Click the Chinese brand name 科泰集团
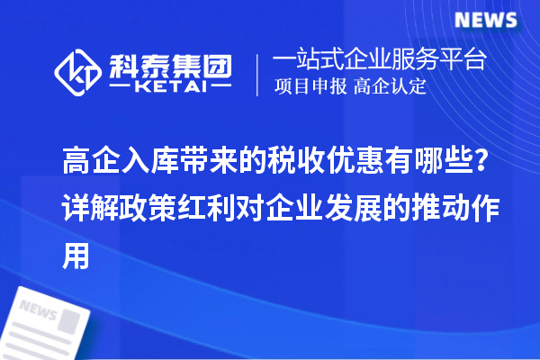(170, 63)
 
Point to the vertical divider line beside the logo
(259, 73)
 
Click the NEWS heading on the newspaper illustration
(37, 310)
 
